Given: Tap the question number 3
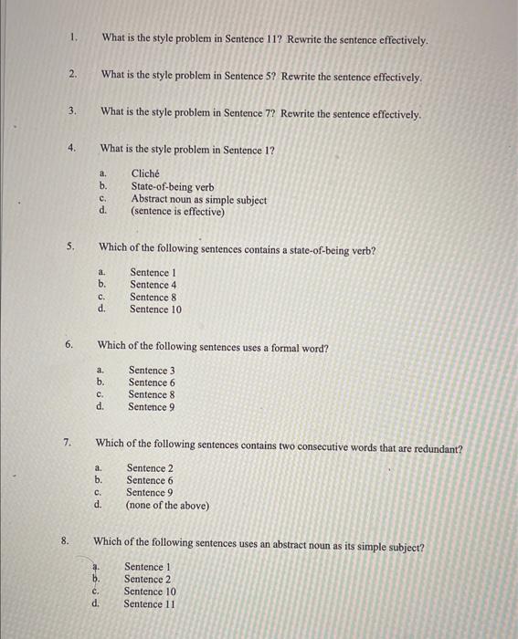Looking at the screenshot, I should coord(71,112).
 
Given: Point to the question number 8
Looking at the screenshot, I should coord(65,541).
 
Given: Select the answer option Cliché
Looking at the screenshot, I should coord(145,173).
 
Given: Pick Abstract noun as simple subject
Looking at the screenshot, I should coord(199,199).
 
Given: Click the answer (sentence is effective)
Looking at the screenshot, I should coord(177,212).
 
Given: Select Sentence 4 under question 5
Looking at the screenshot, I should coord(153,285).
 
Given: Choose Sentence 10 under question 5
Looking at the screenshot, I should coord(155,309).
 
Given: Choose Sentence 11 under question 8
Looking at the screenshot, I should coord(149,603).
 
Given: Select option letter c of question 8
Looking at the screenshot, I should coord(94,592).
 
